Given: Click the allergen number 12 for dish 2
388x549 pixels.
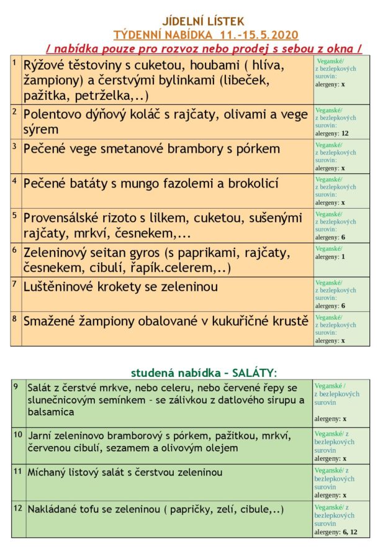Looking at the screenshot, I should pos(345,133).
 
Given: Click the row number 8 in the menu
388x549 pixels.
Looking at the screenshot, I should pos(15,319).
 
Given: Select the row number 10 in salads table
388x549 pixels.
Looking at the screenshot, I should pos(18,434).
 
